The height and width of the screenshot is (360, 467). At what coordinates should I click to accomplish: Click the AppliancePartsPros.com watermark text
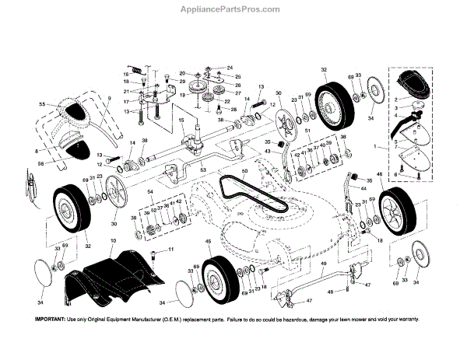tap(233, 9)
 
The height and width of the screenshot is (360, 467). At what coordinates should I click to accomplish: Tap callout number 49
tap(321, 264)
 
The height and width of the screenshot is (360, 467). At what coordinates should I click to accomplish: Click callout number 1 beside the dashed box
tap(378, 145)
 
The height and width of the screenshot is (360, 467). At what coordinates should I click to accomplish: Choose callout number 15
tap(181, 121)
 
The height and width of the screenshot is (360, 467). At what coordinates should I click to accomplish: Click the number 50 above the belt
tap(244, 170)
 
